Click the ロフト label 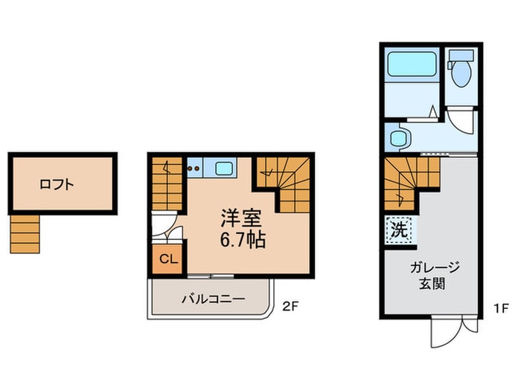click(57, 184)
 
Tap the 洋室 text click(241, 218)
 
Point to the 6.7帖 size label click(243, 239)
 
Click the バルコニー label click(213, 299)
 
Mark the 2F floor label click(290, 307)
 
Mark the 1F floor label click(501, 309)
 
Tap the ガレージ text click(435, 267)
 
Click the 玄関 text click(432, 284)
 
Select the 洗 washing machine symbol click(399, 230)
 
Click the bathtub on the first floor click(412, 64)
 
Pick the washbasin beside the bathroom click(398, 138)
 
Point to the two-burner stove click(195, 168)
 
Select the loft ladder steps click(25, 234)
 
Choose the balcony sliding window click(211, 276)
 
